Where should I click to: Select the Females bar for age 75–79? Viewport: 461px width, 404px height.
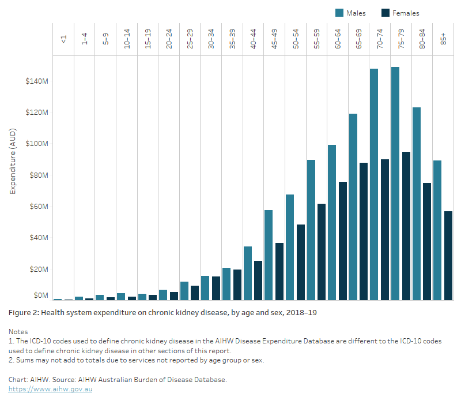point(406,226)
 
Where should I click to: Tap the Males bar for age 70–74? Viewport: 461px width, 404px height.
point(374,184)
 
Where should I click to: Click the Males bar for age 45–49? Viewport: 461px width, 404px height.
point(269,255)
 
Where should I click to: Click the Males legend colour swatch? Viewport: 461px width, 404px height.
point(339,13)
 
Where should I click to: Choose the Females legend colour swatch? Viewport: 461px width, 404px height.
point(386,13)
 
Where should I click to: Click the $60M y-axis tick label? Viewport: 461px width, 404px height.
point(36,207)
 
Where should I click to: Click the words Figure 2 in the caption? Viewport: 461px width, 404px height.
point(25,312)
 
